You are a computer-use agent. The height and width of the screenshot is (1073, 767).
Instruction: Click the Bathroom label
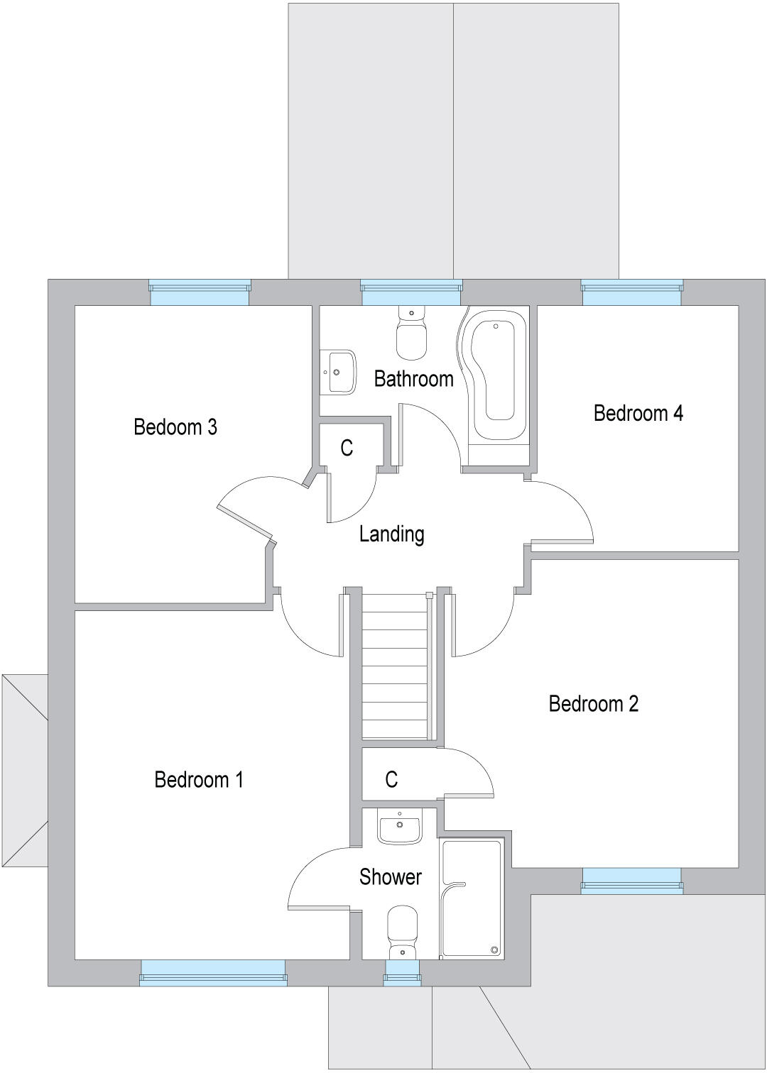(413, 379)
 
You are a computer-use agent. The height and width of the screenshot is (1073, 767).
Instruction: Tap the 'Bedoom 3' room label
(175, 427)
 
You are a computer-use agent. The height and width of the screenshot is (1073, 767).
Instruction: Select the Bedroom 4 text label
(638, 413)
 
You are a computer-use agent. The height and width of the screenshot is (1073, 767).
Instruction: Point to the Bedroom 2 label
(593, 703)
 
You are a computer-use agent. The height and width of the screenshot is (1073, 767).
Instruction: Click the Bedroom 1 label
(198, 779)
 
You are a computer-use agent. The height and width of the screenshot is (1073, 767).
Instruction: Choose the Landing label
(391, 534)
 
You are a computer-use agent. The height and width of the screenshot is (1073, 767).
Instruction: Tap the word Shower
(390, 877)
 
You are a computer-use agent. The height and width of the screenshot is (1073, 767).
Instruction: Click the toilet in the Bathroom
(411, 334)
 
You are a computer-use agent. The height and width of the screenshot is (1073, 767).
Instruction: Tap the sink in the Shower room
(400, 827)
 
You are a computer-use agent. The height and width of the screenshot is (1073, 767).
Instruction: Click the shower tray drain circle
(494, 950)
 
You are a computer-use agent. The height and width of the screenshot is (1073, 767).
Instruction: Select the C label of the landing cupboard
(347, 448)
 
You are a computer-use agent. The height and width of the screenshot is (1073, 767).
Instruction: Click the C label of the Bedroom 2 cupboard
(391, 780)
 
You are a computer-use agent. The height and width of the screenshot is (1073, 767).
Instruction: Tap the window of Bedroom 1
(213, 972)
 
